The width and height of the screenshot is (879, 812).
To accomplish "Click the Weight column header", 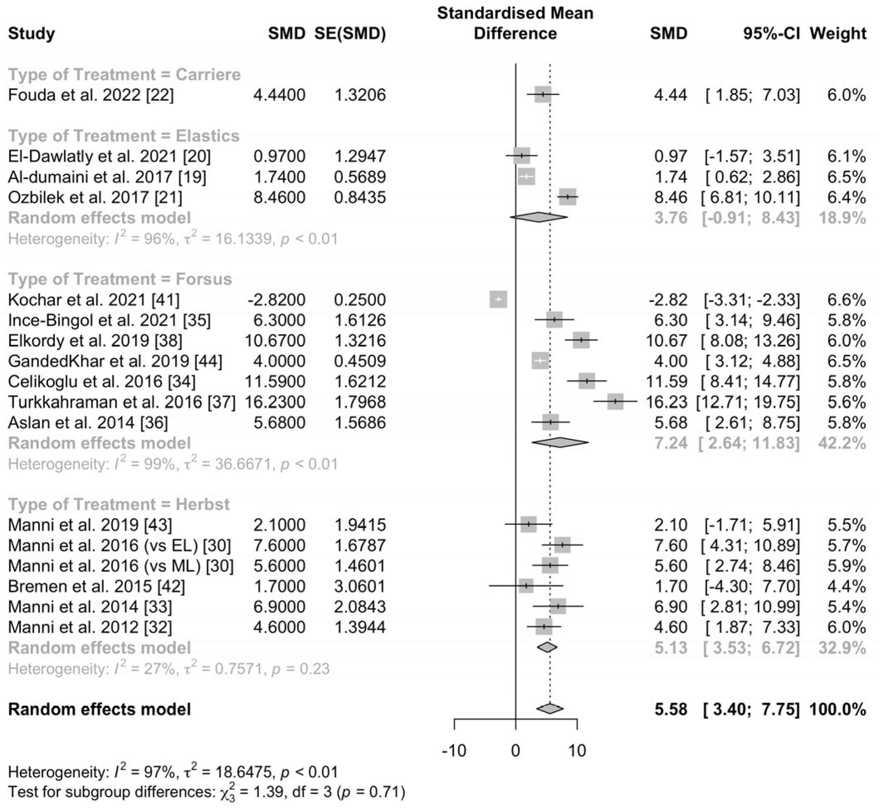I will coord(838,34).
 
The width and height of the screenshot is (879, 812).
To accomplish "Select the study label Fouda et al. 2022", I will coord(90,95).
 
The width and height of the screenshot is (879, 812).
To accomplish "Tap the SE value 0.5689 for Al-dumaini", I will coord(359,177).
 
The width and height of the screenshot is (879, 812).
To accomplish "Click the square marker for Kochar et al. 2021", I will coord(498,299).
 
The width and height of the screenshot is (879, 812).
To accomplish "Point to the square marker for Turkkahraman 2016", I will coord(615,401).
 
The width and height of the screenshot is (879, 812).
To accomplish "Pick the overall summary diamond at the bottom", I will coord(549,708).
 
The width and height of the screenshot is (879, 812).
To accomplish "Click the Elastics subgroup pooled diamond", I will coord(539,217).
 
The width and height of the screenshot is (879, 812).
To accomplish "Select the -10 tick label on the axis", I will coord(454,751).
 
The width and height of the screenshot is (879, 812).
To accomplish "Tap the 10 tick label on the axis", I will coord(577,751).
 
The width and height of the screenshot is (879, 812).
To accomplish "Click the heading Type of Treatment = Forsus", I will coord(119,279).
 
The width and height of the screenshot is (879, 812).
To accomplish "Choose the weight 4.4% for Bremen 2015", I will coord(847,586).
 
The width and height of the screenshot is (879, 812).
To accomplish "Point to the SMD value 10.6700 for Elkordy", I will coord(274,341).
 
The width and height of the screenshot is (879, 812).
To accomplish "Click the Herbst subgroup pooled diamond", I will coord(547,647).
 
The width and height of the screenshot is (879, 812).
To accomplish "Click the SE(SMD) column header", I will coord(350,34).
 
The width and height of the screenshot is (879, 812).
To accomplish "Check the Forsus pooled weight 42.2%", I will coord(842,443).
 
